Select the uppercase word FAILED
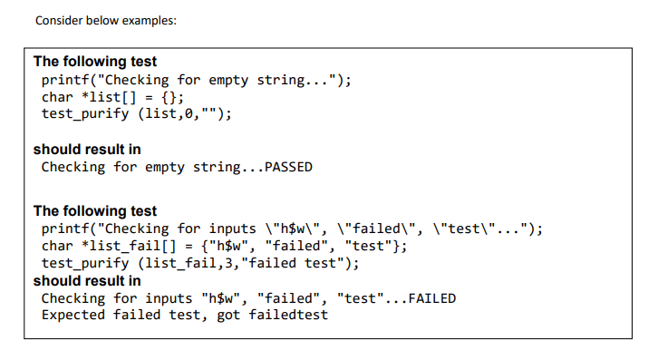[433, 298]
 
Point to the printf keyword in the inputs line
[65, 229]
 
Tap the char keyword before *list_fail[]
[58, 246]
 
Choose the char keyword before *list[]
[58, 96]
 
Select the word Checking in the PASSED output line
[73, 167]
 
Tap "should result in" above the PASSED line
[87, 149]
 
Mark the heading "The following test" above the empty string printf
[95, 62]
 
